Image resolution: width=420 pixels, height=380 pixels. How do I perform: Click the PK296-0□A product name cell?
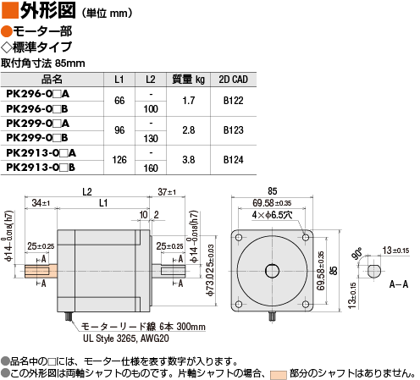(38, 94)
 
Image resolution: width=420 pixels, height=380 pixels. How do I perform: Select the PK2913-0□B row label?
(41, 168)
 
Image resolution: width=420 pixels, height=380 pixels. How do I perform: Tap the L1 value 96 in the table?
(119, 130)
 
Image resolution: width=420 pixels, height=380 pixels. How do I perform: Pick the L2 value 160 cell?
(151, 168)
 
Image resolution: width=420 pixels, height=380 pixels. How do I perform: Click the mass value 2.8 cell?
(188, 130)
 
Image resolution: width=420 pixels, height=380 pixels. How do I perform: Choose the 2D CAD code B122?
(234, 101)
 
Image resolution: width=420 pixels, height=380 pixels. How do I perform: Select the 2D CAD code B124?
(234, 160)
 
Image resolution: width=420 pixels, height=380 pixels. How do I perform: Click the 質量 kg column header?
(188, 80)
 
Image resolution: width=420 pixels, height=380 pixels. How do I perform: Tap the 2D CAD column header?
(234, 80)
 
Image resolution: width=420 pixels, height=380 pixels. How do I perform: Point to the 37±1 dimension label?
(167, 192)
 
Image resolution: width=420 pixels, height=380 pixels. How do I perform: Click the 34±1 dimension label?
(41, 203)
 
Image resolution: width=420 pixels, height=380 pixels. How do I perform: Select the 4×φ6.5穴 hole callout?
(272, 215)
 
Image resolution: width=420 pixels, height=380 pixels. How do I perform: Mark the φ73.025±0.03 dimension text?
(211, 270)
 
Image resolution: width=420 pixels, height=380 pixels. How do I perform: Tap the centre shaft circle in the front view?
(272, 271)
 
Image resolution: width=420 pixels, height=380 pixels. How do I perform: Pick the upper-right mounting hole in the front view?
(306, 237)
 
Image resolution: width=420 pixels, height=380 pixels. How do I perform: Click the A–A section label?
(399, 284)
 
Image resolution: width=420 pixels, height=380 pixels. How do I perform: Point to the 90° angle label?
(356, 253)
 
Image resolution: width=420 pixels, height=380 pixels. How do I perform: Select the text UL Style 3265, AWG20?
(126, 339)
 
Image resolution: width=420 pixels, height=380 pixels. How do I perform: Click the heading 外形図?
(47, 10)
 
